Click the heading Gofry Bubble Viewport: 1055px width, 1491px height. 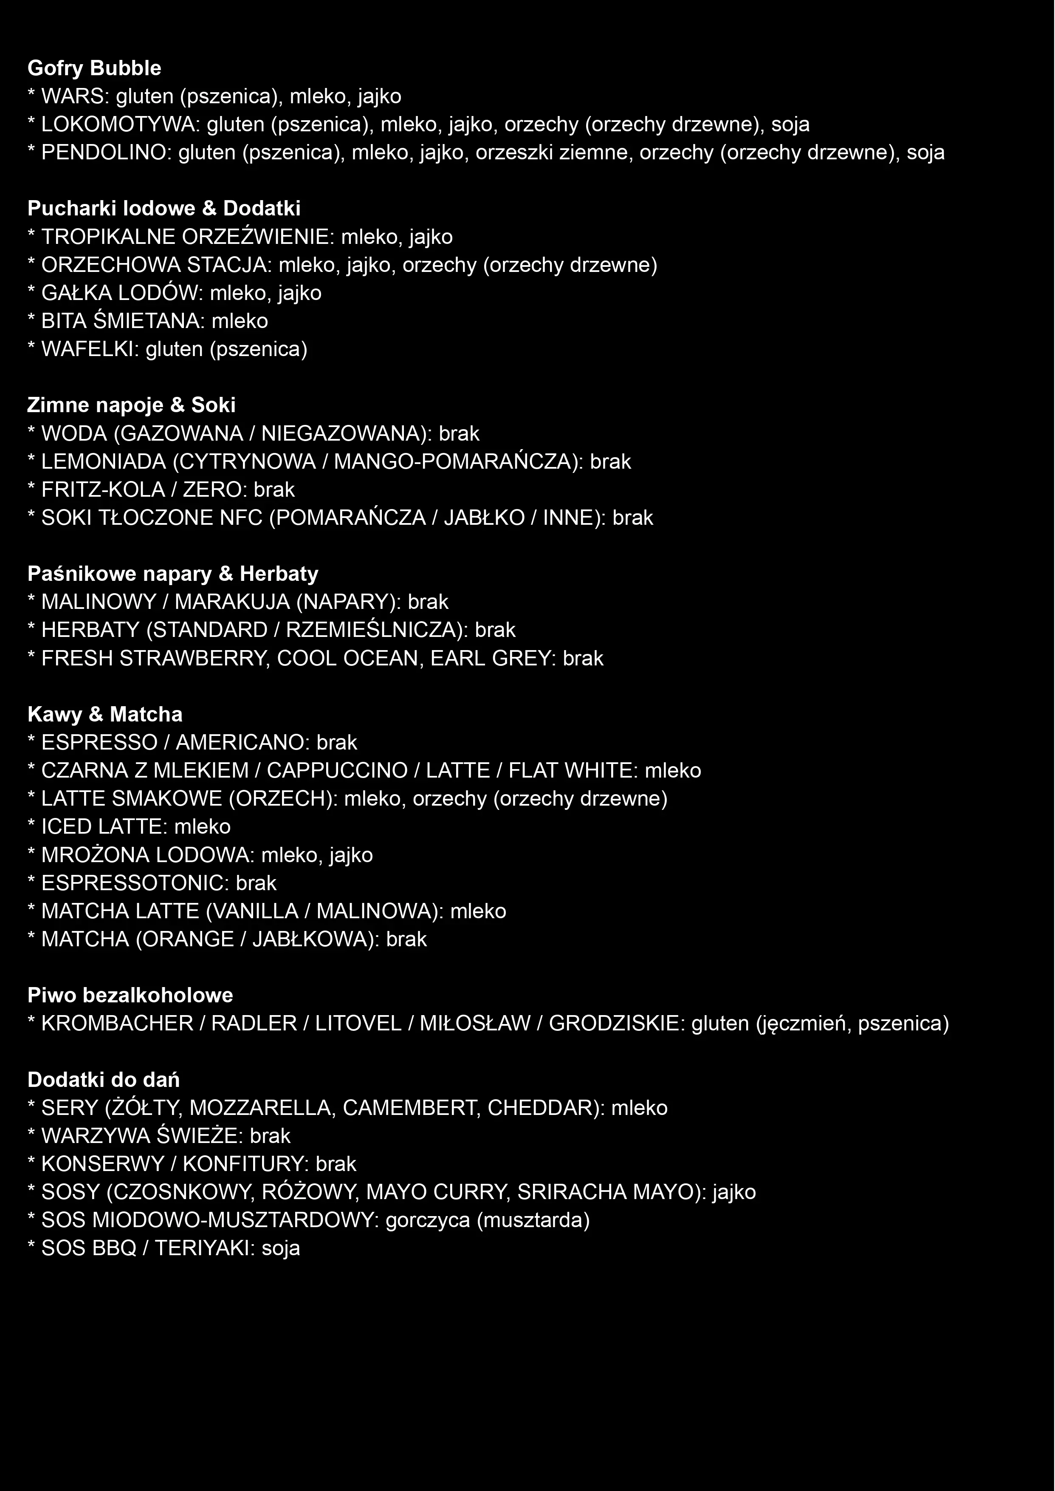[94, 68]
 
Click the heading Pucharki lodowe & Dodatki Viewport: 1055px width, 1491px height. [164, 209]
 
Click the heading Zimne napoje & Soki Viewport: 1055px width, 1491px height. [131, 405]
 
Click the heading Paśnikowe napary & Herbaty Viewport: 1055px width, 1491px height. [173, 574]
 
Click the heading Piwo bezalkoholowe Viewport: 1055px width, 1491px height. [130, 995]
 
